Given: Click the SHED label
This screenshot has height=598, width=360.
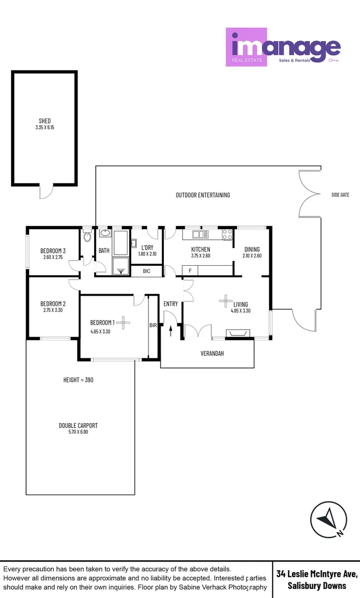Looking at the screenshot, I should [45, 121].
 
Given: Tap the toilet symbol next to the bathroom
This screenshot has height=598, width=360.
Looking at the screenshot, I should [87, 237].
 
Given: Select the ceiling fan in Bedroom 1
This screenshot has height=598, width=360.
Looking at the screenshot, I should [126, 323].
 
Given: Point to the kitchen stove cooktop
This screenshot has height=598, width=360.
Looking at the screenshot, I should [227, 235].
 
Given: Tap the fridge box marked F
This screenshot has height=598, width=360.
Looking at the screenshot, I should [191, 271].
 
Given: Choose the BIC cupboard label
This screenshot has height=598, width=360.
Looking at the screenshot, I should [147, 271].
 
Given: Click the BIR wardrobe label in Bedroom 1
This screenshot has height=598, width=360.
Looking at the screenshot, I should [153, 326].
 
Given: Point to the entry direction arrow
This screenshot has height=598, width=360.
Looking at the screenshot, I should [171, 331].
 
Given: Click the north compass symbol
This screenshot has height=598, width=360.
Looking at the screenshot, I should [329, 519].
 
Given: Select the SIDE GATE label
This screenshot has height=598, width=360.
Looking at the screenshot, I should [340, 195].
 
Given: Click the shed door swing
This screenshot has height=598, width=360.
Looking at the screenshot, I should [47, 192].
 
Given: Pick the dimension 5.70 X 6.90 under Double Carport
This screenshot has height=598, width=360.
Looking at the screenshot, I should [78, 432].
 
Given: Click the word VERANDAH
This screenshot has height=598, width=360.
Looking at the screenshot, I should [212, 353].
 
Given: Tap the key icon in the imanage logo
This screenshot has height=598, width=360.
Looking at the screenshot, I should [333, 59].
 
